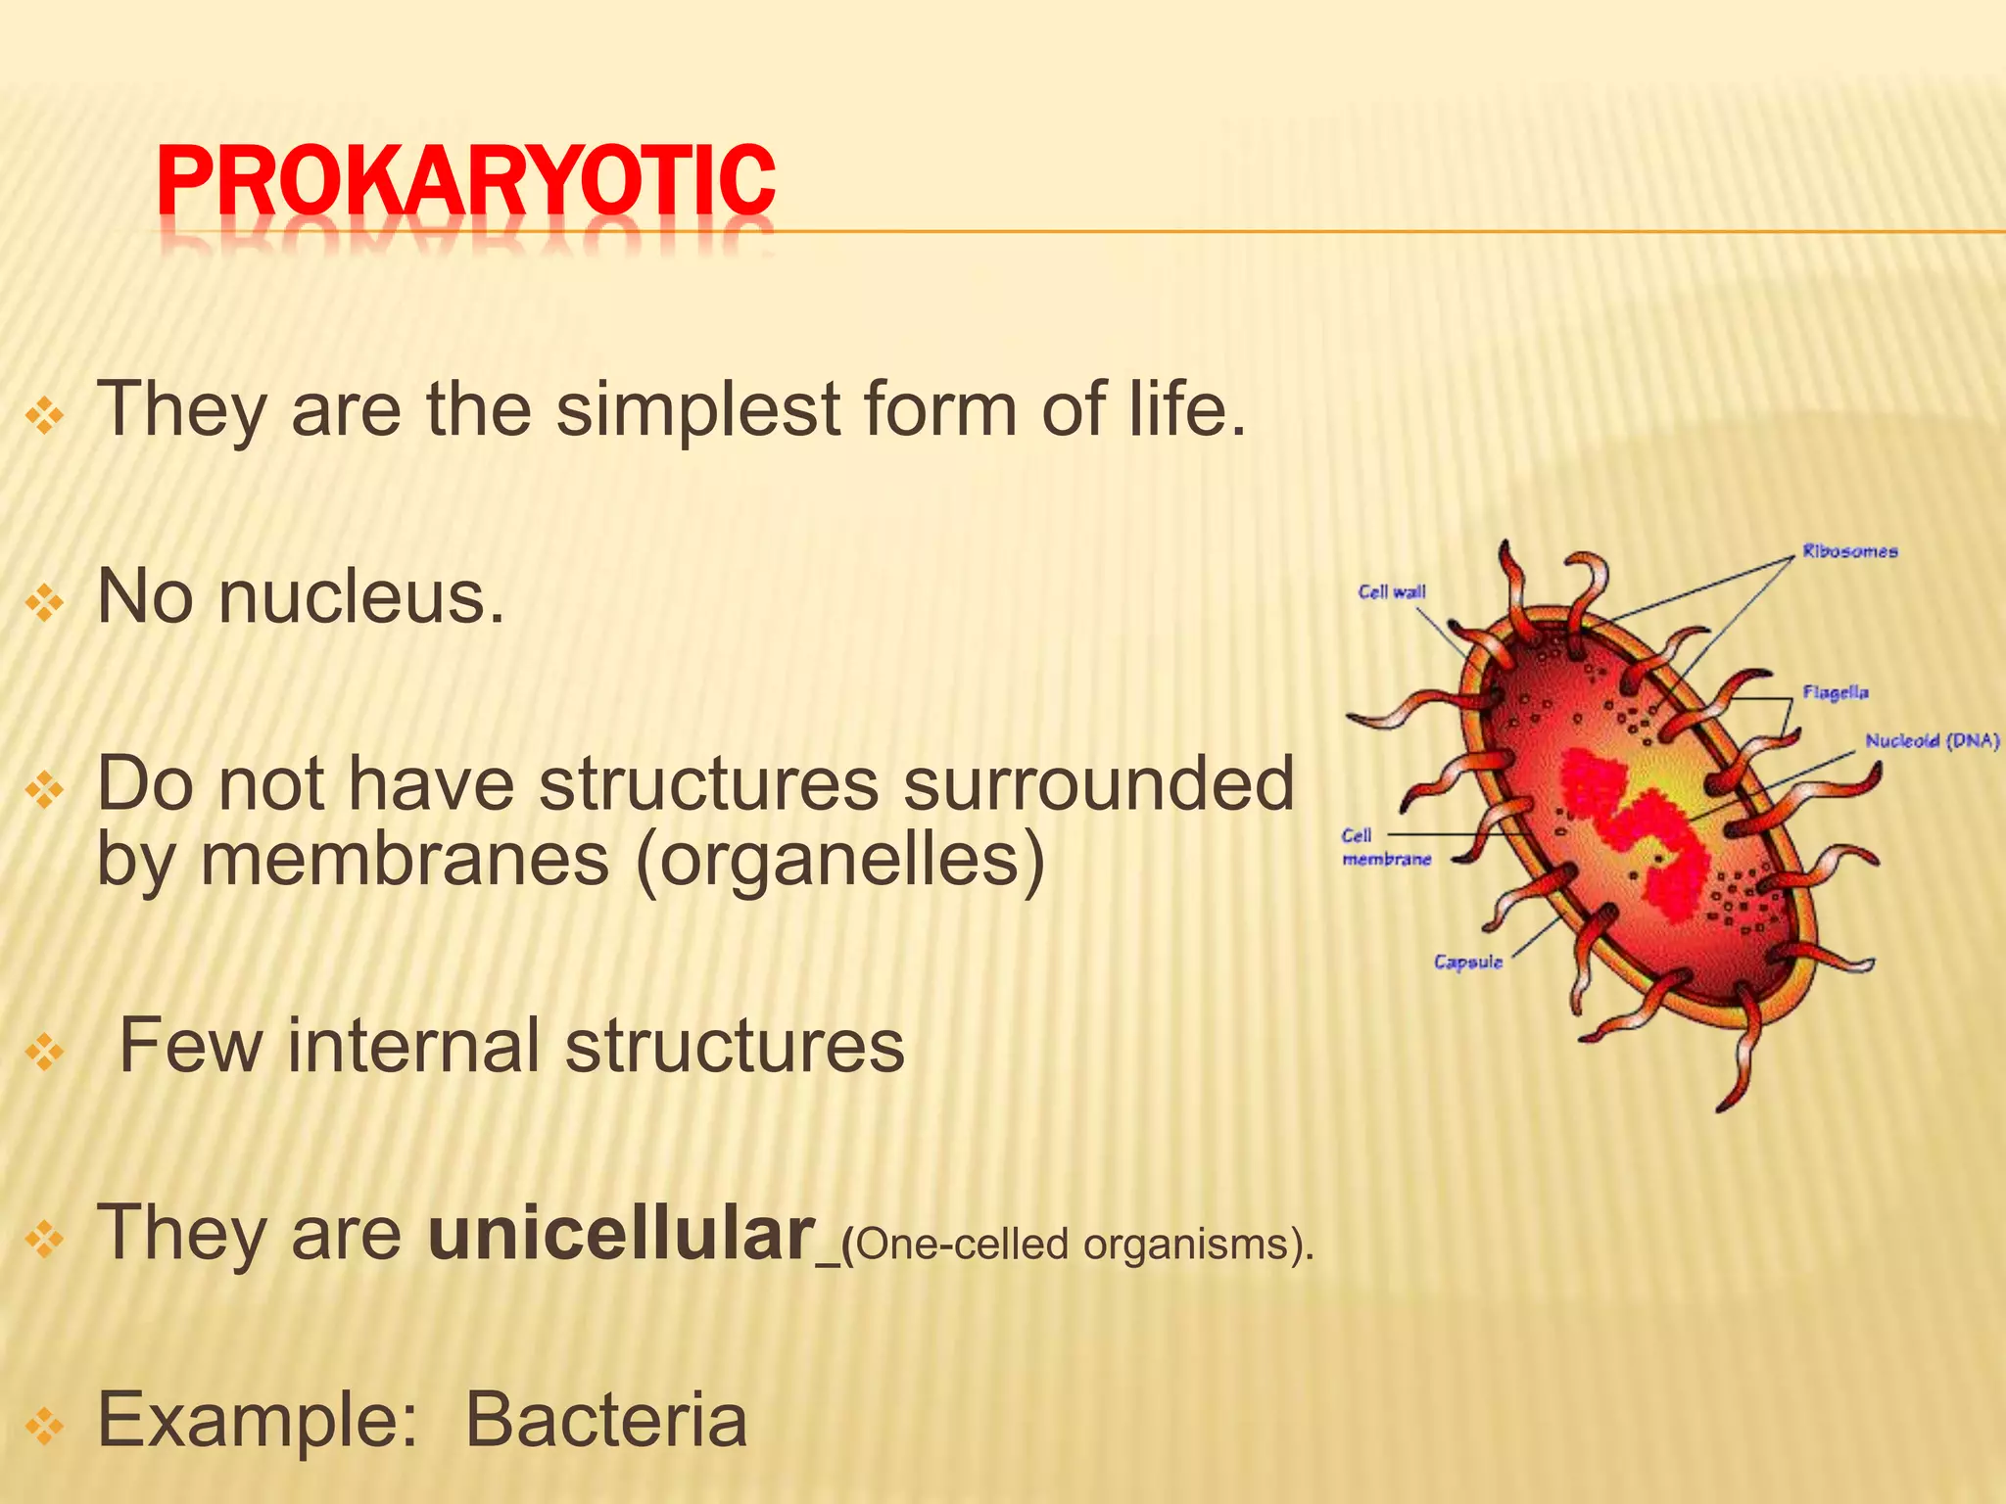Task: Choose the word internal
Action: click(413, 1046)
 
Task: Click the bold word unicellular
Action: click(621, 1234)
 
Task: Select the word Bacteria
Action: click(605, 1422)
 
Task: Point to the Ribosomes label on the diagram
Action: click(1849, 552)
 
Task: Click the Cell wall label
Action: click(1391, 592)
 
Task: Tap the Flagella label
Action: click(1836, 693)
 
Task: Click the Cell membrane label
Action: click(1385, 847)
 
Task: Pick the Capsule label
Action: click(1467, 963)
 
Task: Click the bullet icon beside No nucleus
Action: click(45, 603)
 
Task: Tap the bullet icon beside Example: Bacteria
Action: click(45, 1427)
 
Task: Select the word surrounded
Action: click(1097, 785)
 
